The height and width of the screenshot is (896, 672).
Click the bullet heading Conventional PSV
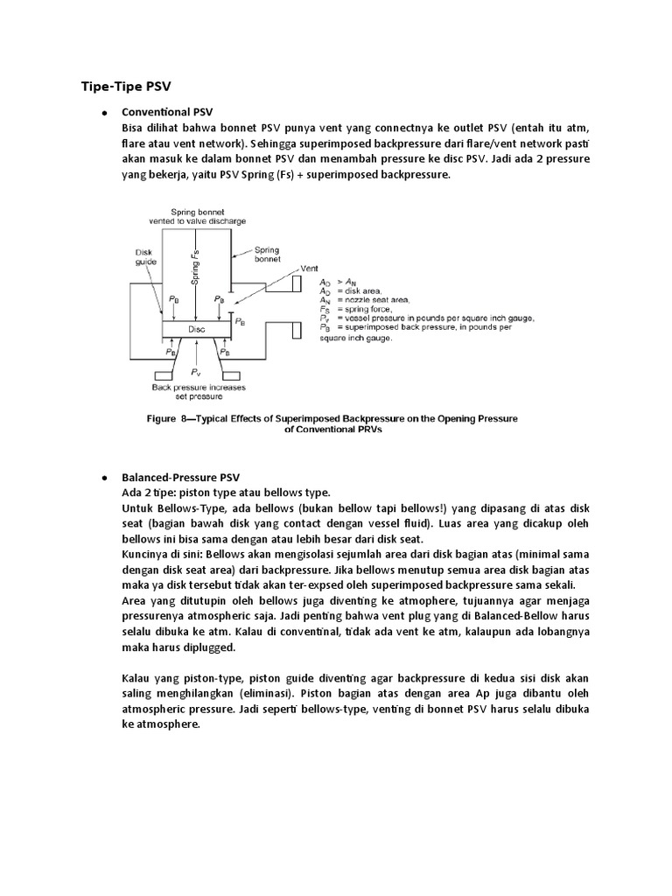coord(166,112)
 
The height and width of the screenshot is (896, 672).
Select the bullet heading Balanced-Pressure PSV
coord(180,478)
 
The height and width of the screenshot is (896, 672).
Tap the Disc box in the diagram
coord(197,329)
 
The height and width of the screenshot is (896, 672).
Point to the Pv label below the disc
coord(196,370)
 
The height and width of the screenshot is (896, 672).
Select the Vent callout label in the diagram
coord(309,268)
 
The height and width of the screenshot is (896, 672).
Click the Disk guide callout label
coord(145,255)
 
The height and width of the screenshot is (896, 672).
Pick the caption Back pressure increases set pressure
coord(199,391)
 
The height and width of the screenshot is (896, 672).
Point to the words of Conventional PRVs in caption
coord(331,430)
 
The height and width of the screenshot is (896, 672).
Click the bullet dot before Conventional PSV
coord(104,113)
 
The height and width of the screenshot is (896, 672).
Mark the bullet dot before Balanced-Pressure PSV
coord(104,479)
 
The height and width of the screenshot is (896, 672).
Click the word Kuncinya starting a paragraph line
coord(143,554)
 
